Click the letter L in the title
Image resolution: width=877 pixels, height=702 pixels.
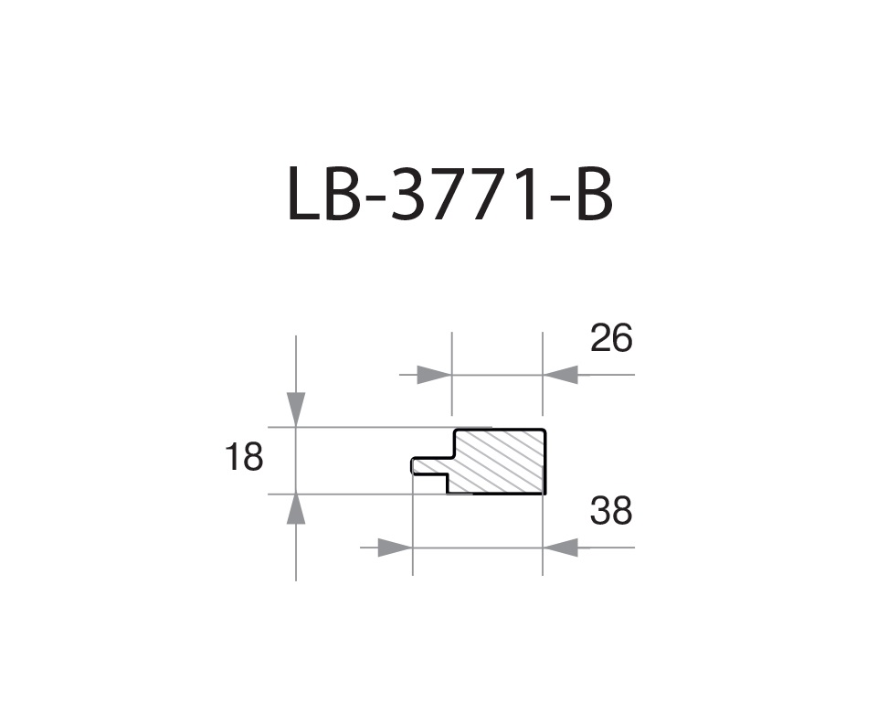click(302, 195)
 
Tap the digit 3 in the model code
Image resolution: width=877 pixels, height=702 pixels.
click(410, 195)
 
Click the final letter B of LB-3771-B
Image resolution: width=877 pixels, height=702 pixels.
click(595, 195)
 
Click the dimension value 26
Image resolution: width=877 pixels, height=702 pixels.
click(611, 339)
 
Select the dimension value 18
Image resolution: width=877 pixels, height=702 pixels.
click(244, 457)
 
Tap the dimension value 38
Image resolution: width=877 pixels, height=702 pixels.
click(611, 512)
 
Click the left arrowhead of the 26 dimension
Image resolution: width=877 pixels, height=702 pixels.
click(435, 375)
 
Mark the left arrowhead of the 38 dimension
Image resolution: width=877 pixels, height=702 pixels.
click(396, 548)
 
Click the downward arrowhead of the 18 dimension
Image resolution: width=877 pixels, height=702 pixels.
click(296, 409)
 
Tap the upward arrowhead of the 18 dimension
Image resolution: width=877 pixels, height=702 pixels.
click(296, 510)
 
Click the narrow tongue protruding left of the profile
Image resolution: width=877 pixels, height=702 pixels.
click(429, 466)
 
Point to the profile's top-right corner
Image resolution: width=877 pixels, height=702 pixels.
click(544, 430)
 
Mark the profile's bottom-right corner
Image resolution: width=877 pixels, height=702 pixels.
click(544, 493)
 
